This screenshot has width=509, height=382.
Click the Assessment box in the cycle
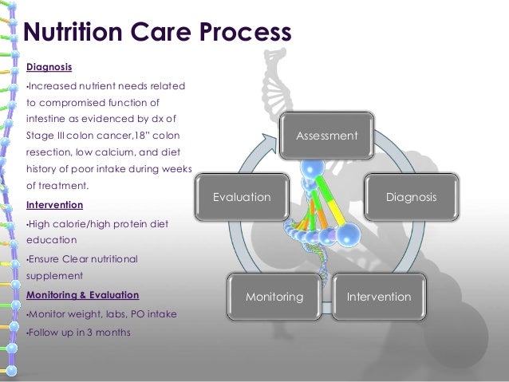326,136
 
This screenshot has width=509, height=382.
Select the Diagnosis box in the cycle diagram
411,196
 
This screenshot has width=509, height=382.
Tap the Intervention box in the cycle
378,297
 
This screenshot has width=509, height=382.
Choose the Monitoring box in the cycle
274,297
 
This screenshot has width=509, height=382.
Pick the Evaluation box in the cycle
241,196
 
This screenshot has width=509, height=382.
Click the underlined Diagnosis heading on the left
49,67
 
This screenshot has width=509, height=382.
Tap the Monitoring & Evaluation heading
82,294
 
